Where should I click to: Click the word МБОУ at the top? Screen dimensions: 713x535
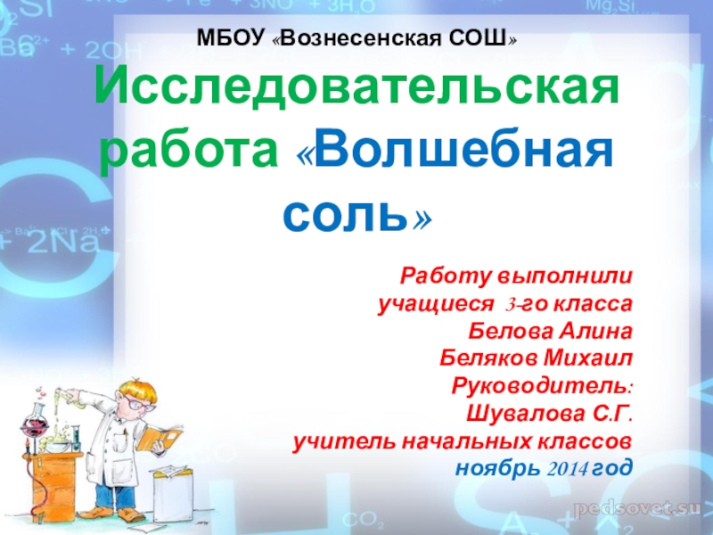pyautogui.click(x=231, y=37)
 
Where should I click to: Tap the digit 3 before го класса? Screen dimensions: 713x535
pyautogui.click(x=510, y=305)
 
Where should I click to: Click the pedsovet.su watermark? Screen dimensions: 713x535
pyautogui.click(x=636, y=508)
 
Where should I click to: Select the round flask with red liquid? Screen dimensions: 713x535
pyautogui.click(x=34, y=424)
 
